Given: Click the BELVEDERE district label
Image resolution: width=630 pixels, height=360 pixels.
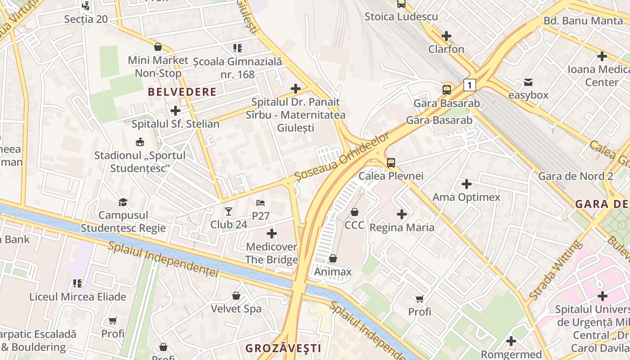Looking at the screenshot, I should (182, 92).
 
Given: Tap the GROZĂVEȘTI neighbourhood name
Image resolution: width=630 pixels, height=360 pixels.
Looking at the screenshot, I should (283, 348).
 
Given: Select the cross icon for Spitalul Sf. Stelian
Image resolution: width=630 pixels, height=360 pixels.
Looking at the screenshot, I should (175, 110).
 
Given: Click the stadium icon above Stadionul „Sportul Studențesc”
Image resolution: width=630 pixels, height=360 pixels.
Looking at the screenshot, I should (140, 142).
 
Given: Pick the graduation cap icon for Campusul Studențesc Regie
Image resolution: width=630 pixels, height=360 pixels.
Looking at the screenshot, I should (123, 202).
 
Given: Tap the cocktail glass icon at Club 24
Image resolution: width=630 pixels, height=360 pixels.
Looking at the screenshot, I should (229, 211).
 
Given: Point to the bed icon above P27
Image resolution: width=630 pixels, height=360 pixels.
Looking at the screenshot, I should (261, 203).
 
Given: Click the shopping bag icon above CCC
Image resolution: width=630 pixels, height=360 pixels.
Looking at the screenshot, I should (355, 211).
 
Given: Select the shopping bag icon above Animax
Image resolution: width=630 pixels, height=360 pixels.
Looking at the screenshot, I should (333, 258).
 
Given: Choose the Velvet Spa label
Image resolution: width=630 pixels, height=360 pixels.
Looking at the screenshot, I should (236, 309).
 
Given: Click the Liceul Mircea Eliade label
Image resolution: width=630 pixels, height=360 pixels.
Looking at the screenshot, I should (77, 297).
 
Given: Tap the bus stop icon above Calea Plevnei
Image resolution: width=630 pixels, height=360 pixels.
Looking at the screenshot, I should (391, 162).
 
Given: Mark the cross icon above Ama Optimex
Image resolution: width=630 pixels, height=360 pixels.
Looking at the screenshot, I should (467, 184).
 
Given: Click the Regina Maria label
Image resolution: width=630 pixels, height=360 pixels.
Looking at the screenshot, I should (402, 227).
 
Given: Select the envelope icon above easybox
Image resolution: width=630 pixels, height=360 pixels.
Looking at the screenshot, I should (528, 82).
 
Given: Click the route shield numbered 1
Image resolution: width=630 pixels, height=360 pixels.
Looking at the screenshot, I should (469, 85).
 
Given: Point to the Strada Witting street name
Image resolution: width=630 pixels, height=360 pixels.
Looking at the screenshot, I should (556, 270).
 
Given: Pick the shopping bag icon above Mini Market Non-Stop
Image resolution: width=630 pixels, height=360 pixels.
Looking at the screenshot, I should (158, 47).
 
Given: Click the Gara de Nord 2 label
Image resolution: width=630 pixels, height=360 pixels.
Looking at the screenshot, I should (576, 176).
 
